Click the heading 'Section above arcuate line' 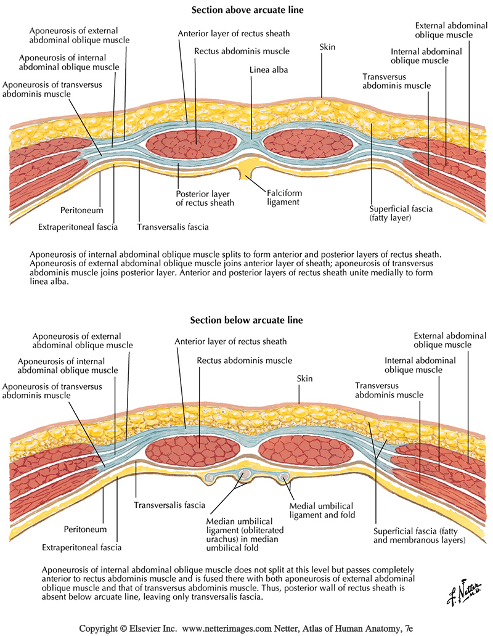click(x=246, y=9)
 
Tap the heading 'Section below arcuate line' click(x=246, y=320)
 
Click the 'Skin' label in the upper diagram click(x=327, y=47)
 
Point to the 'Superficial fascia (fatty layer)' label click(x=401, y=213)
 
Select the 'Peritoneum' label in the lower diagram click(x=86, y=529)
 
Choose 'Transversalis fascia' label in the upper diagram click(x=173, y=226)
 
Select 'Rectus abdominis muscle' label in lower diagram click(x=244, y=360)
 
